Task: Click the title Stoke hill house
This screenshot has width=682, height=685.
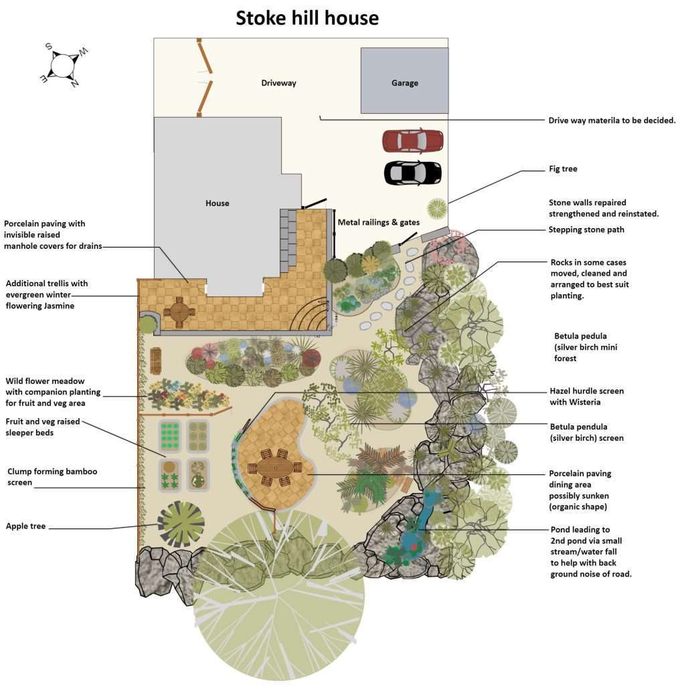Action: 307,18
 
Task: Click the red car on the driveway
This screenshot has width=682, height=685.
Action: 413,140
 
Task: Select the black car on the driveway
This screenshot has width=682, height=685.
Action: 413,173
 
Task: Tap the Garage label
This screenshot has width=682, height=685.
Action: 404,83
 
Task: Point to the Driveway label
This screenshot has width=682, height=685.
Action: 278,83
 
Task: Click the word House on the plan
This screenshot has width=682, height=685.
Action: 218,203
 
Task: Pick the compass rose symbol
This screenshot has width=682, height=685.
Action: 63,66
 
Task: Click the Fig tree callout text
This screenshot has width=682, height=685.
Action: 563,169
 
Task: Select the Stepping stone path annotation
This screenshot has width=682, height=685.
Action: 586,230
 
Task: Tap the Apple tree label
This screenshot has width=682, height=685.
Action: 25,526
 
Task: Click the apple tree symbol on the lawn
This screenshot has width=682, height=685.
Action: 180,522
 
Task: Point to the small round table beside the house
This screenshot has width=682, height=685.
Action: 179,312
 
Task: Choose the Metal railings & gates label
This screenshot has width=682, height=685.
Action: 379,222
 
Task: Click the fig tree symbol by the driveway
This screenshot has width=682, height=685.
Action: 437,209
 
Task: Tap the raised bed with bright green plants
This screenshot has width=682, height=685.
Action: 170,435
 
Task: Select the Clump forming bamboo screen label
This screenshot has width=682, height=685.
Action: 52,476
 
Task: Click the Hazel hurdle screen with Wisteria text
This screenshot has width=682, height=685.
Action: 586,397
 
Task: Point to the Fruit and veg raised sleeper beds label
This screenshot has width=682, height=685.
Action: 42,427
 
